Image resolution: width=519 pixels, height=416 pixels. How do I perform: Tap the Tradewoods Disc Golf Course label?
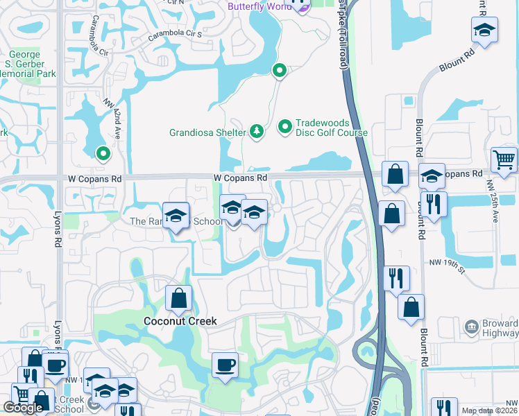pyautogui.click(x=332, y=127)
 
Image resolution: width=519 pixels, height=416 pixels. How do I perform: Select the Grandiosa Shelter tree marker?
pyautogui.click(x=257, y=131)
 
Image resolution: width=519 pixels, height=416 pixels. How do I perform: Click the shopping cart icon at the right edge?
pyautogui.click(x=504, y=160)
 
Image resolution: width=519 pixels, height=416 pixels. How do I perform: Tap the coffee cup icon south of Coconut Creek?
pyautogui.click(x=224, y=365)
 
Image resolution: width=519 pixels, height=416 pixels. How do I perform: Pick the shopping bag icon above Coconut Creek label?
pyautogui.click(x=179, y=299)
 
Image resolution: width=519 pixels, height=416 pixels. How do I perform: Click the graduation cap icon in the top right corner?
pyautogui.click(x=484, y=30)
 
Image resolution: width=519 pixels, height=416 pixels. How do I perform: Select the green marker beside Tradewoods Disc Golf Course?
pyautogui.click(x=284, y=127)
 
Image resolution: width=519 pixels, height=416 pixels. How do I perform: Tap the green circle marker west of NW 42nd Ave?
pyautogui.click(x=103, y=153)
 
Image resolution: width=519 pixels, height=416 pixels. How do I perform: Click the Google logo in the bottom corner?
pyautogui.click(x=23, y=408)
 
